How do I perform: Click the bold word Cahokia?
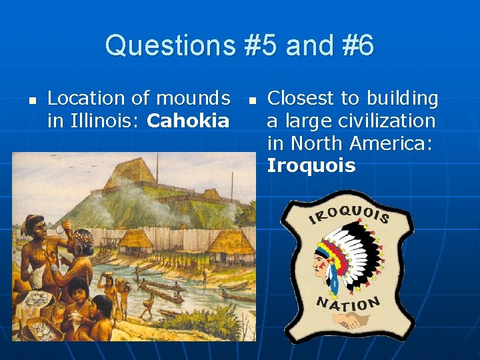click(188, 121)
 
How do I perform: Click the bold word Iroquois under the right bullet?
click(311, 165)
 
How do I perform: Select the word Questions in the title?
click(169, 46)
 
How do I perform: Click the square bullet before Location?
click(31, 101)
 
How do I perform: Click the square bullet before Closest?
click(251, 101)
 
